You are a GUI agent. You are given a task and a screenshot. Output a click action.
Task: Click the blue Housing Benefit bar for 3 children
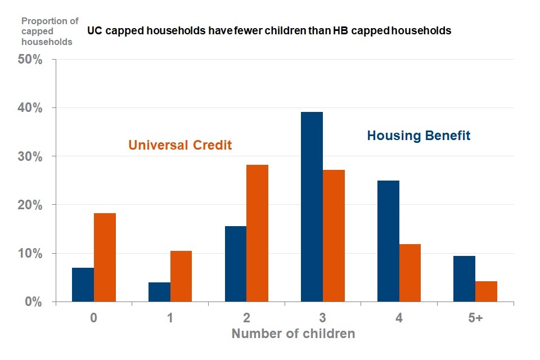tap(312, 207)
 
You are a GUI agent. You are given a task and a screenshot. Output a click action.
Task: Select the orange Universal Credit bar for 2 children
tap(257, 233)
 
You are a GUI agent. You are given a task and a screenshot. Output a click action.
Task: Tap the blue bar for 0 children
tap(83, 285)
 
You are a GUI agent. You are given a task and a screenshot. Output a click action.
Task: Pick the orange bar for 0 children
tap(105, 258)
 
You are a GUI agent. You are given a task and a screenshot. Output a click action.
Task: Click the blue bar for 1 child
tap(159, 292)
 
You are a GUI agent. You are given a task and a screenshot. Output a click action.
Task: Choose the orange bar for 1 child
tap(181, 276)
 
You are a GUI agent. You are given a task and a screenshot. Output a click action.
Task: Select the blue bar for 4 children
tap(388, 241)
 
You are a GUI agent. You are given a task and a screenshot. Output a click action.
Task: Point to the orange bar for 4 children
tap(410, 273)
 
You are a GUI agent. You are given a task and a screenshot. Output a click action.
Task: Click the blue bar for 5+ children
tap(465, 279)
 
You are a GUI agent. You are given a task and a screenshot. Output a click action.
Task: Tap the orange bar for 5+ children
tap(486, 291)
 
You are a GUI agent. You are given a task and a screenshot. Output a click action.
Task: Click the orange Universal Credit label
tap(180, 145)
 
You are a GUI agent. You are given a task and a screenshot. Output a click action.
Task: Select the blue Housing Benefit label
tap(418, 136)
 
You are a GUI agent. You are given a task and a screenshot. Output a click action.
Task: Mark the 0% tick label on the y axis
tap(34, 303)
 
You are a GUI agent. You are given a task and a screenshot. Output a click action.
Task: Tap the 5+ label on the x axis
tap(475, 318)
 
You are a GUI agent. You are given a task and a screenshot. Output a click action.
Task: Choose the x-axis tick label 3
tap(322, 318)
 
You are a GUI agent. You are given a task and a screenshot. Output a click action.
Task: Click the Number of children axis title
tap(293, 334)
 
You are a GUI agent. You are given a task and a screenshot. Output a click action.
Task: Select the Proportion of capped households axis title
tap(50, 31)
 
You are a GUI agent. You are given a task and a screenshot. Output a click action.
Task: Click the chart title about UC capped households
tap(269, 31)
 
